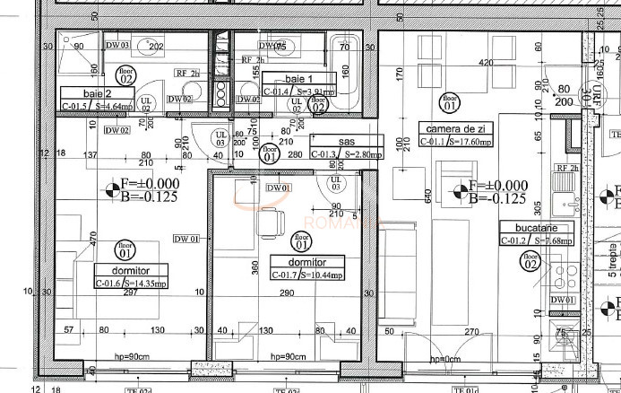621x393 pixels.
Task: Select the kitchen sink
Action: (565, 188)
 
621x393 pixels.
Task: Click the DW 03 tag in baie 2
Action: (118, 45)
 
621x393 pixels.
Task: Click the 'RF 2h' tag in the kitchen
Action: (565, 168)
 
